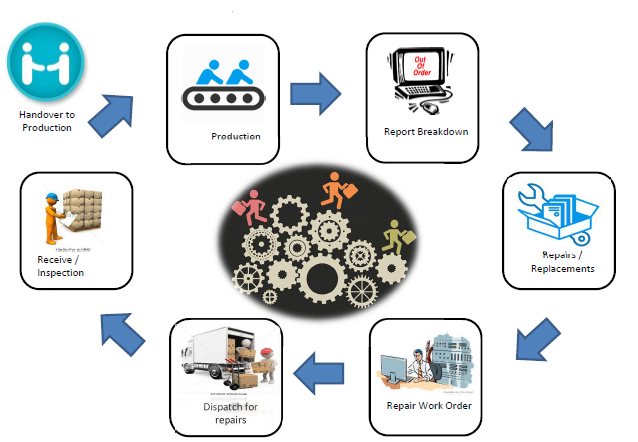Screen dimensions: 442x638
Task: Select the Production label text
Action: point(236,136)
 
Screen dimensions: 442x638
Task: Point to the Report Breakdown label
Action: point(426,131)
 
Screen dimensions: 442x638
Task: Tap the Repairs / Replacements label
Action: point(561,262)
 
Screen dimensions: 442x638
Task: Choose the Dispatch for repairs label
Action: point(222,412)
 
